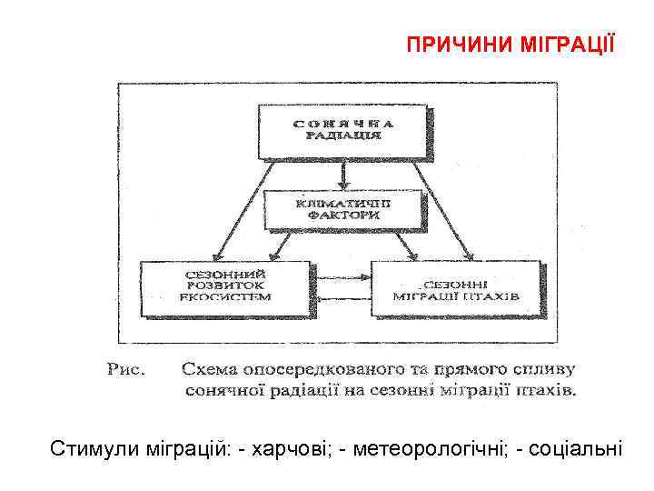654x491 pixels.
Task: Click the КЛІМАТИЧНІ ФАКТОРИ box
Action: (343, 210)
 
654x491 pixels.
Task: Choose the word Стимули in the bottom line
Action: (90, 448)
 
